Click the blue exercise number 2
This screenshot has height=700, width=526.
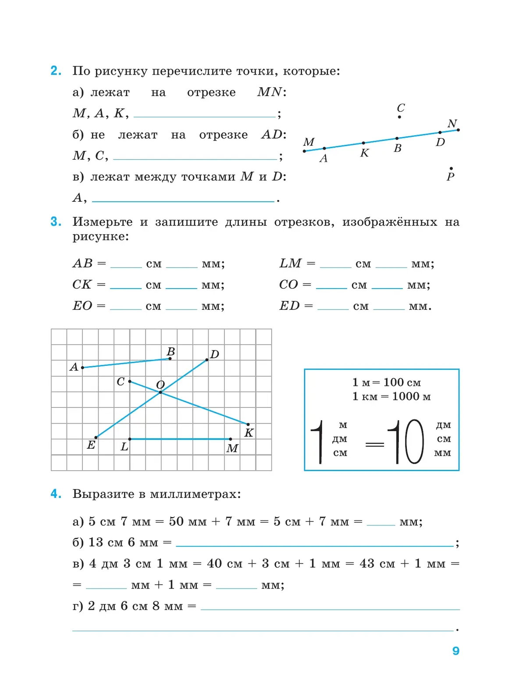(56, 71)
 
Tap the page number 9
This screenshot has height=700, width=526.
(456, 651)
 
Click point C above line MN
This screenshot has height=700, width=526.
(399, 117)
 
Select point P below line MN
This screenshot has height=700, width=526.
(451, 168)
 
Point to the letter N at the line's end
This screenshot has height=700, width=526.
(452, 124)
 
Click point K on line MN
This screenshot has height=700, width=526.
(363, 143)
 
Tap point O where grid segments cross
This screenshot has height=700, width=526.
(160, 392)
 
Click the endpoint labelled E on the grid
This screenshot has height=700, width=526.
(96, 437)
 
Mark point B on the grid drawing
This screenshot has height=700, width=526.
(170, 359)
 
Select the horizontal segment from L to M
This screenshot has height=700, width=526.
(180, 439)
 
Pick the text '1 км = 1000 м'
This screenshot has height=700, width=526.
(391, 396)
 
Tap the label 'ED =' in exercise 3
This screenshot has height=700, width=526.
(296, 306)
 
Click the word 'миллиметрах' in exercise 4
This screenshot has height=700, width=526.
(195, 494)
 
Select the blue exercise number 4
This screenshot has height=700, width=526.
(56, 494)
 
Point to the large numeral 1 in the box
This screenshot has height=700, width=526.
(318, 442)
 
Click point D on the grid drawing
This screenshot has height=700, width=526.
(207, 360)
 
